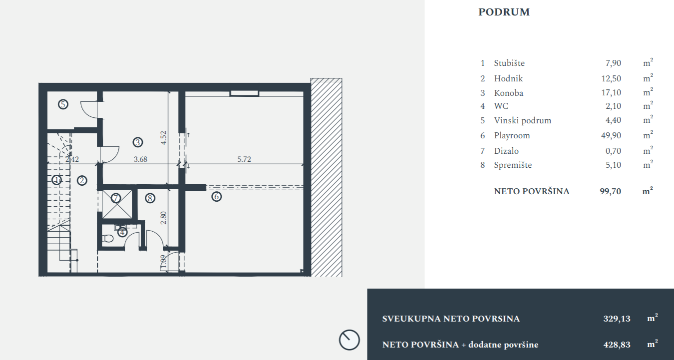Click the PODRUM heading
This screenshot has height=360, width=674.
point(504,12)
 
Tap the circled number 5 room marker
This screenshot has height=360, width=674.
point(63,104)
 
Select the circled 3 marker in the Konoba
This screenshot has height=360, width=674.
point(138,142)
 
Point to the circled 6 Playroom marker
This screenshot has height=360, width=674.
point(217,197)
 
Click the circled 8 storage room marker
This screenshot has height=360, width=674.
point(150,198)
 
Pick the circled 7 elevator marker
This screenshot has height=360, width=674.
point(116,198)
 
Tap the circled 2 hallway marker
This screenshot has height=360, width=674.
point(82,181)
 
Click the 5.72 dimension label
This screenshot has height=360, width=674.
point(244,159)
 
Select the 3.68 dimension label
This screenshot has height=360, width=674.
point(140,159)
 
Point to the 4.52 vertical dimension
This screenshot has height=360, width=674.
point(163,137)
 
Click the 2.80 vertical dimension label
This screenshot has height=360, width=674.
point(163,218)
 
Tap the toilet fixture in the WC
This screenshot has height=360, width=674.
point(107,239)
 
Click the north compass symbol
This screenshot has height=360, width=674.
point(349,340)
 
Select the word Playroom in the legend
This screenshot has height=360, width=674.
point(512,136)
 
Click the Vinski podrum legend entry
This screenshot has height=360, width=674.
point(523,120)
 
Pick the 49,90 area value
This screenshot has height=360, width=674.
point(611,135)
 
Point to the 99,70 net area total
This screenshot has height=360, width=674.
point(611,191)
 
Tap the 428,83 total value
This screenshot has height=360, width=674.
point(617,345)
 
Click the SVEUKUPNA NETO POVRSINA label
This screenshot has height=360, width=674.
point(451,319)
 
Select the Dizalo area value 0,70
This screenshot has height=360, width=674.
point(613,151)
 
